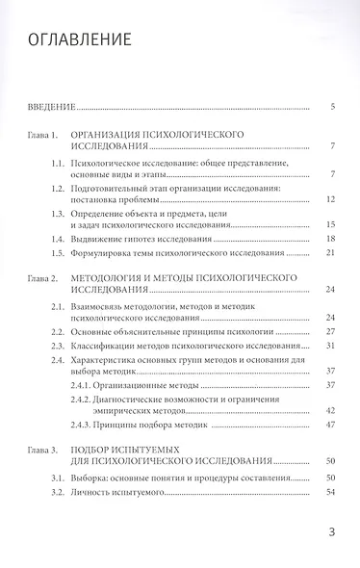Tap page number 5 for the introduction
331,106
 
